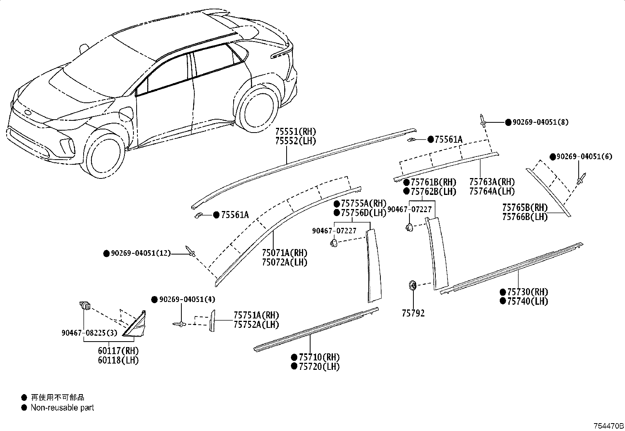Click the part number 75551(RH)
(x=296, y=132)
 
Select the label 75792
(x=413, y=313)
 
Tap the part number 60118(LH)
(x=118, y=360)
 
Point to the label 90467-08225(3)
(x=89, y=333)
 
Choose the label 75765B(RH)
(x=525, y=207)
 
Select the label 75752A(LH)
(x=256, y=324)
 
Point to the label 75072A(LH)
(x=285, y=262)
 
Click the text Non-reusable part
(x=62, y=407)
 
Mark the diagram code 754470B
(x=608, y=426)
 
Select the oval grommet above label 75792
(x=413, y=285)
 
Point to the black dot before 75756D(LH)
(x=337, y=213)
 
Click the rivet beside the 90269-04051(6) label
(x=581, y=179)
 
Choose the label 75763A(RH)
(x=492, y=182)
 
